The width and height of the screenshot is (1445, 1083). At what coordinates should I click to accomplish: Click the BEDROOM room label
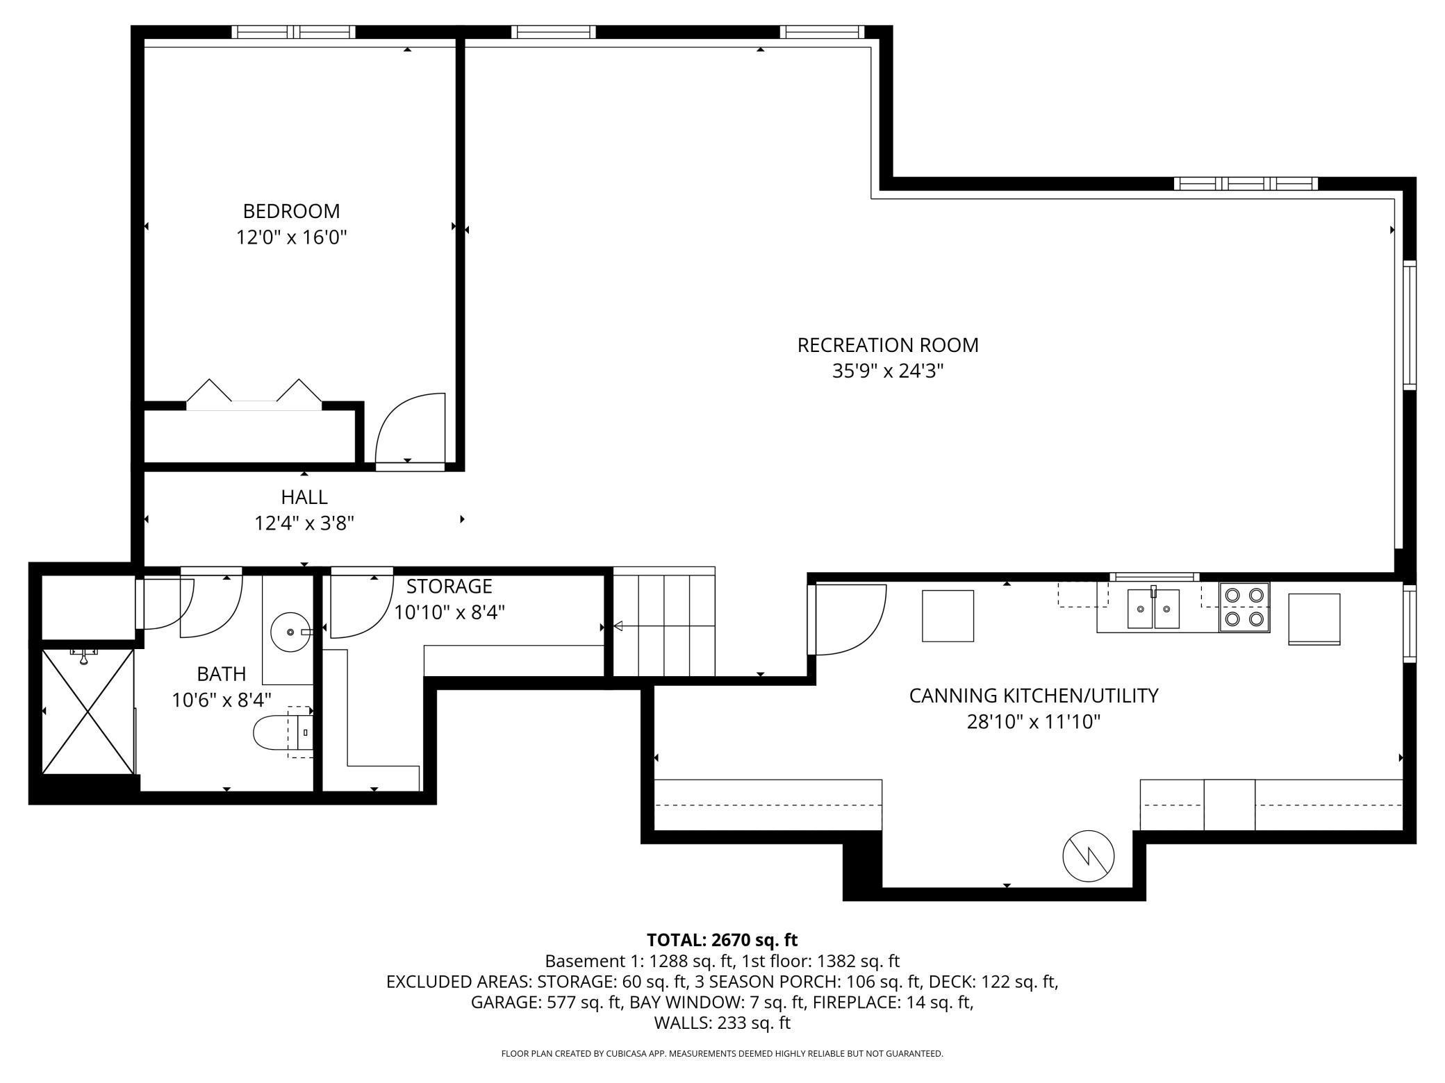point(291,211)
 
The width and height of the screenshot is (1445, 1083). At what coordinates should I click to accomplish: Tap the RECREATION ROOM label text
point(888,345)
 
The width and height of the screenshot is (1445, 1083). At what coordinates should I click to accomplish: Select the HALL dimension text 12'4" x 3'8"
point(304,523)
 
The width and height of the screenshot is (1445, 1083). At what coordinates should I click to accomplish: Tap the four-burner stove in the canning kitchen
point(1244,607)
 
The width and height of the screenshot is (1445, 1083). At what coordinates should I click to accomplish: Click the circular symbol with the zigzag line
point(1089,856)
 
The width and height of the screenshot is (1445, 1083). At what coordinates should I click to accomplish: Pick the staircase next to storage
point(664,622)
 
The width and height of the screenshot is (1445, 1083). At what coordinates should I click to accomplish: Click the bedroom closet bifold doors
point(254,392)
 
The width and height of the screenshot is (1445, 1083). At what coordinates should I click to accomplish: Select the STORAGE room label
point(449,587)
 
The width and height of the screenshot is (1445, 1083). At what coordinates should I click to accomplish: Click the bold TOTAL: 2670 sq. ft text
point(722,940)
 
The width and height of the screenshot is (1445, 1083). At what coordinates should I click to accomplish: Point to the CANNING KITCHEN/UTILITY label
point(1034,696)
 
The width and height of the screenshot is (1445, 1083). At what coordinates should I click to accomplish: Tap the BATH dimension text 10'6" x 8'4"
point(222,700)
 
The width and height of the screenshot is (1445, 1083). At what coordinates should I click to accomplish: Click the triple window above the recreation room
point(1246,183)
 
